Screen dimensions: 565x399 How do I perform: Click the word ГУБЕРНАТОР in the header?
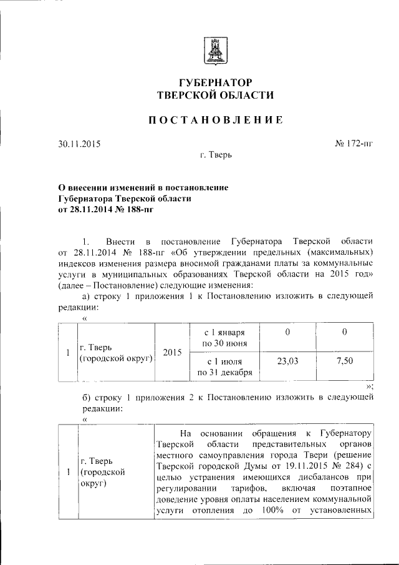(215, 82)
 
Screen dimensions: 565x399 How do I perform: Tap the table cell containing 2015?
(171, 352)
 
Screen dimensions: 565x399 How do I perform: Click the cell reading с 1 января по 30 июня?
(224, 337)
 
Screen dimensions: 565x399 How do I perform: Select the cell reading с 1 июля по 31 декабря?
(224, 367)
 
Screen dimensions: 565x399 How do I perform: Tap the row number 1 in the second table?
(67, 472)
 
